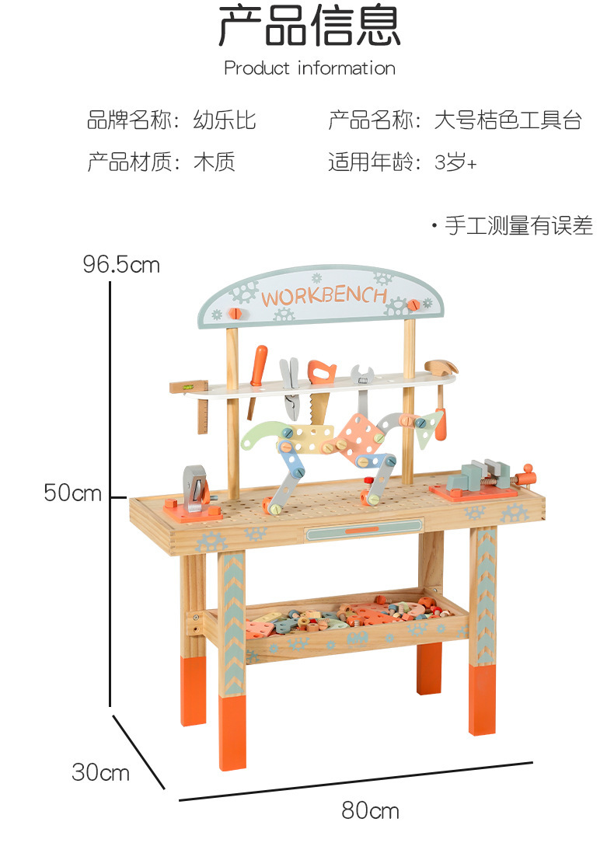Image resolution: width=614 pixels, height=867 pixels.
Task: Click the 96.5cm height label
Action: [121, 265]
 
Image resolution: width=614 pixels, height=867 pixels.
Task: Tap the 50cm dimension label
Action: [72, 493]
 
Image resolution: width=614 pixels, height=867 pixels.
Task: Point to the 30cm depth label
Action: [100, 772]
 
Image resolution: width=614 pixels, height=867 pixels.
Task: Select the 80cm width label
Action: [370, 811]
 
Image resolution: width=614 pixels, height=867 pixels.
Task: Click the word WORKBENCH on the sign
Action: [323, 297]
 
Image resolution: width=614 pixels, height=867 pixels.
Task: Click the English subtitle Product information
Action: [309, 68]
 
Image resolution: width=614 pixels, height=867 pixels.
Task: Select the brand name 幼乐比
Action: [225, 120]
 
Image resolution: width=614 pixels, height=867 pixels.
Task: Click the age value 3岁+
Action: [455, 162]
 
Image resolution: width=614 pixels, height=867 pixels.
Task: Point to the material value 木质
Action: [214, 162]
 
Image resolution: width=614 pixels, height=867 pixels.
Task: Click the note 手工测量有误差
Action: [518, 226]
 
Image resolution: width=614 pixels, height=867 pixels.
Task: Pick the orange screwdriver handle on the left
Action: [258, 364]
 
